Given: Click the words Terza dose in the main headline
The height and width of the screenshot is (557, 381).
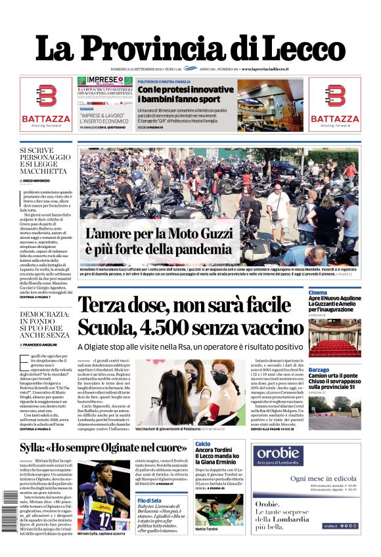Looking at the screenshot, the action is point(125,306).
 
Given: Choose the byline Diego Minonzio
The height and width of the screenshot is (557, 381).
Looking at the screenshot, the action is point(45,179).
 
